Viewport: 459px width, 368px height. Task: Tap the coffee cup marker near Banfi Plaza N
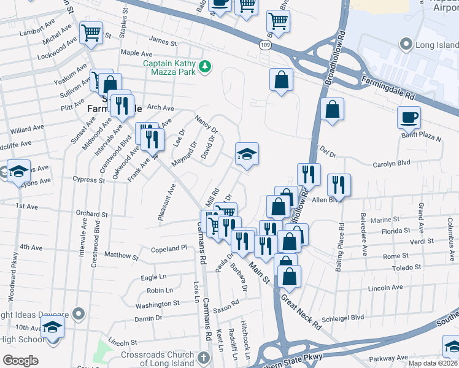coord(409,117)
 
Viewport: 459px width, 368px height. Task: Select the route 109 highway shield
coord(264,45)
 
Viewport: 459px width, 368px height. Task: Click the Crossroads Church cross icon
coord(206,356)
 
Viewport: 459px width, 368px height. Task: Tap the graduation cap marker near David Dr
coord(247,153)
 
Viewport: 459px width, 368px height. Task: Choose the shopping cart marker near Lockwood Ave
coord(91,33)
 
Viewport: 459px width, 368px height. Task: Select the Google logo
coord(21,361)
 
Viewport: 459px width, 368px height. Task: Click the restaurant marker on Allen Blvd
coord(339,184)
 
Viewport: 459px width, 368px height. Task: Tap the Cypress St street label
coord(88,180)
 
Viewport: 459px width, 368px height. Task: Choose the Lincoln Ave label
coord(385,287)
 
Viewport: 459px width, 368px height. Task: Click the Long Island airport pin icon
coord(405,44)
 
